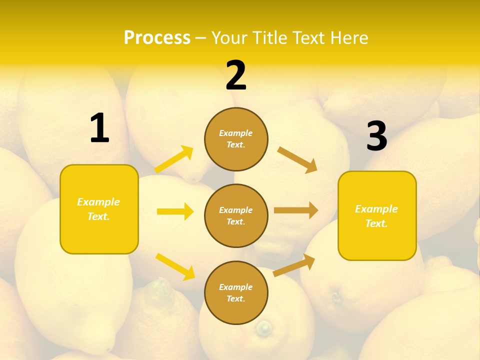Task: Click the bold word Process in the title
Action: pos(157,38)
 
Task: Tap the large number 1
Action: pos(99,128)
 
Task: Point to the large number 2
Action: pos(236,75)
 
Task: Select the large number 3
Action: pos(377,136)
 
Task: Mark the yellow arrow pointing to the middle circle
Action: pos(175,211)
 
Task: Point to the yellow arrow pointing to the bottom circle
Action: pos(175,266)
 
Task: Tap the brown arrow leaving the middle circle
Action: pos(296,210)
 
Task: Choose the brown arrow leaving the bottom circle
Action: pos(294,265)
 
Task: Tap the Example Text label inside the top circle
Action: pos(236,139)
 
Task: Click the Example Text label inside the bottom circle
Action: pos(236,293)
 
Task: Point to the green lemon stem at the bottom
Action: pos(263,328)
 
